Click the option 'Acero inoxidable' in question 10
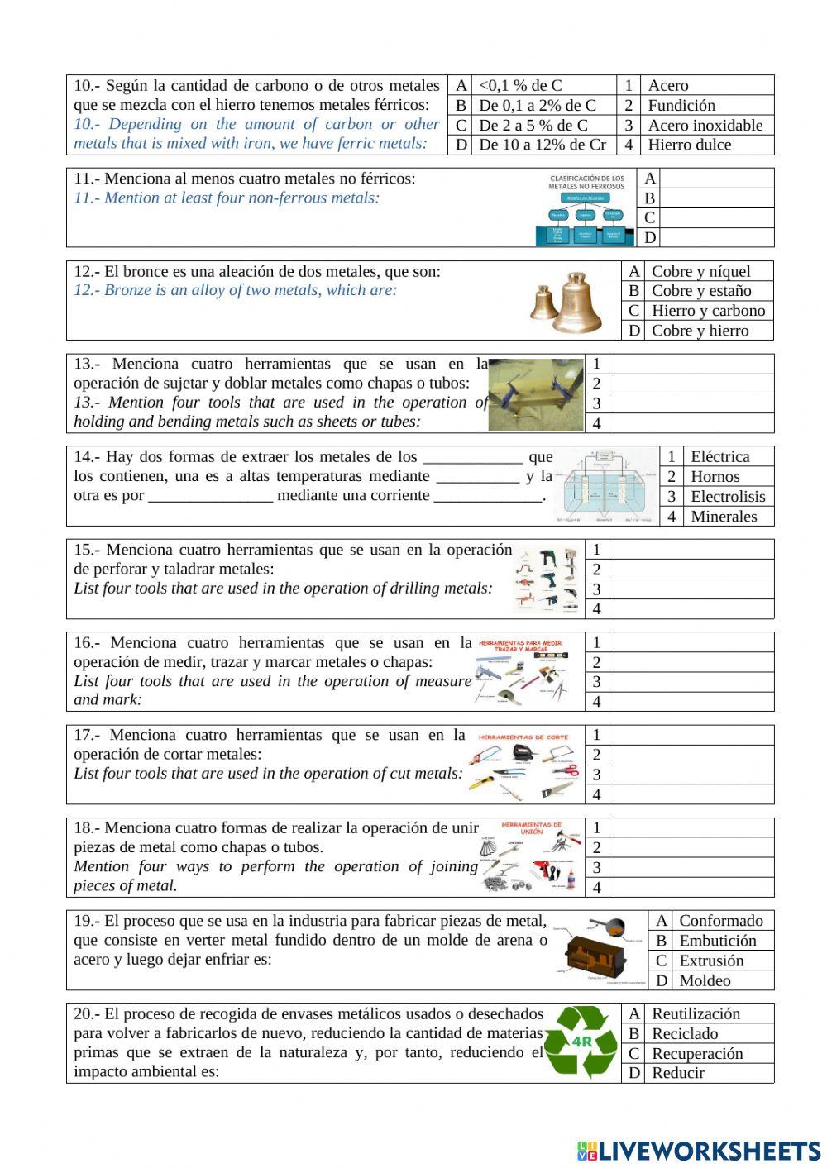tap(705, 125)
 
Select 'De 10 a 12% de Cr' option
tap(543, 145)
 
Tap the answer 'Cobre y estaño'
tap(701, 291)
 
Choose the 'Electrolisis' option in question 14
tap(728, 497)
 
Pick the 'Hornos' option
tap(715, 477)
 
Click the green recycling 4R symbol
tap(581, 1042)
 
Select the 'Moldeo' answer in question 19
tap(705, 981)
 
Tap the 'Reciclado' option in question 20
tap(685, 1034)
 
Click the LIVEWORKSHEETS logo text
tap(708, 1151)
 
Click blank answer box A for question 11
tap(717, 179)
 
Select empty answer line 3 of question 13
tap(691, 404)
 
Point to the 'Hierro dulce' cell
tap(690, 145)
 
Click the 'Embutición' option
tap(718, 941)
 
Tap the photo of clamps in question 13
tap(535, 394)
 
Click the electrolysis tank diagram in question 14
tap(605, 487)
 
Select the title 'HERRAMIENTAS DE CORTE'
tap(523, 737)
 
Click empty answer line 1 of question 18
tap(691, 828)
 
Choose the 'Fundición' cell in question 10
tap(681, 105)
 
